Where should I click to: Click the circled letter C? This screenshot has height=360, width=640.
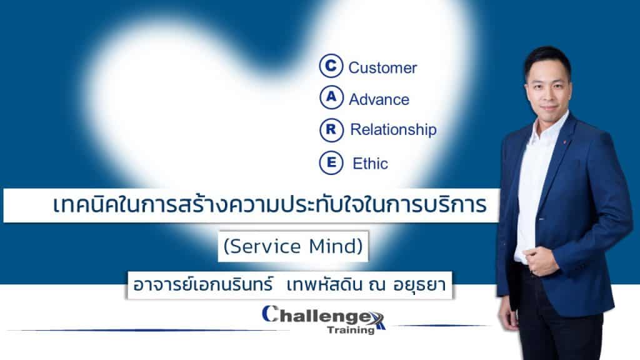click(331, 66)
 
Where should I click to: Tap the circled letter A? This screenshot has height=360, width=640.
click(331, 97)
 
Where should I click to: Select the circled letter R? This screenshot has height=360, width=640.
click(331, 130)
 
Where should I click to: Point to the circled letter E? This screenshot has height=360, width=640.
click(331, 162)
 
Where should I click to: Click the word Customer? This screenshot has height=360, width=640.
click(382, 67)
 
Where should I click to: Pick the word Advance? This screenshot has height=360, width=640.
click(379, 99)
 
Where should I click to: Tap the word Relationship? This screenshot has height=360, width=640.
click(394, 130)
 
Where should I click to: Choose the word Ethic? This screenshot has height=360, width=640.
click(370, 164)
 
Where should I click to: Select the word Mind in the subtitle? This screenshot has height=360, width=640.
click(336, 246)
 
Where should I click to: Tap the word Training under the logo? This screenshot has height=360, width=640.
click(351, 330)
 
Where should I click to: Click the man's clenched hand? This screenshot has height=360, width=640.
click(539, 261)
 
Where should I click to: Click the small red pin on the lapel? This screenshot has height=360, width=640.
click(564, 142)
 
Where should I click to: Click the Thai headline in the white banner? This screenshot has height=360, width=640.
click(270, 205)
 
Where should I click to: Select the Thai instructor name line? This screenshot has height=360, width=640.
click(289, 285)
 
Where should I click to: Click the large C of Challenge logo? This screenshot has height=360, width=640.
click(270, 314)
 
